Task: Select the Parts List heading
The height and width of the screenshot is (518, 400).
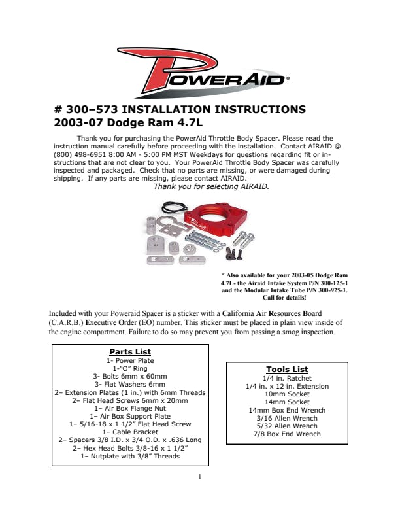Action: tap(130, 352)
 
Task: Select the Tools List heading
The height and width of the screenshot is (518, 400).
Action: tap(287, 370)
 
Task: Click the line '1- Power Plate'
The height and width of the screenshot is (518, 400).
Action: tap(129, 360)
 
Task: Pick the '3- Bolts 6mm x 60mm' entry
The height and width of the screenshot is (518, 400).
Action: tap(129, 377)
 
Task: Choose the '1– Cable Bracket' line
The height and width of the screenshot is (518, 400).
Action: tap(129, 432)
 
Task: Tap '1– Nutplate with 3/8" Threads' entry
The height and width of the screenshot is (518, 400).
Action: tap(129, 457)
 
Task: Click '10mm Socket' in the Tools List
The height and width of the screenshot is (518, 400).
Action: tap(287, 394)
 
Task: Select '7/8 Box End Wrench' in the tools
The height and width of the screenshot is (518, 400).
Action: tap(287, 434)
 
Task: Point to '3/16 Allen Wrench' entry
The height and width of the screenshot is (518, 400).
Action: tap(287, 418)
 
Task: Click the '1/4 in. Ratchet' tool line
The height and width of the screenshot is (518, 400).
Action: tap(287, 378)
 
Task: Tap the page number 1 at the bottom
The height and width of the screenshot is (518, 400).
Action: tap(200, 475)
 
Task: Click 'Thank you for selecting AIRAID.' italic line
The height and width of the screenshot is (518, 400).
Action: tap(211, 186)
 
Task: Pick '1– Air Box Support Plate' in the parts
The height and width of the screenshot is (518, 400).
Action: tap(129, 416)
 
